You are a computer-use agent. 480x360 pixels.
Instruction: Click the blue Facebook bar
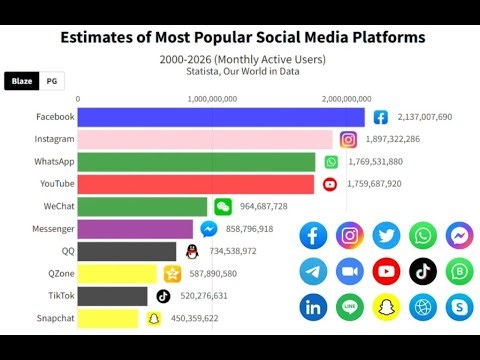[221, 117]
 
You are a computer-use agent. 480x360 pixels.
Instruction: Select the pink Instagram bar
[205, 140]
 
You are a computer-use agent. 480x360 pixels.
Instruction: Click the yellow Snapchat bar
[108, 319]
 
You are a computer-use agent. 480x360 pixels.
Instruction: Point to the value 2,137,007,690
[425, 117]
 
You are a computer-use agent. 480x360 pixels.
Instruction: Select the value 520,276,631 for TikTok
[214, 296]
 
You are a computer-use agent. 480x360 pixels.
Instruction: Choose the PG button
[51, 81]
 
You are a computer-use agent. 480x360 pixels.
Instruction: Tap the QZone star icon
[173, 274]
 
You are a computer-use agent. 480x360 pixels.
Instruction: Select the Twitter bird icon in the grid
[386, 235]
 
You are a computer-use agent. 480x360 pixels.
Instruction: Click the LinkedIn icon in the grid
[313, 307]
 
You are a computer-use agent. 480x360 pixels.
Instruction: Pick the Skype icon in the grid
[459, 307]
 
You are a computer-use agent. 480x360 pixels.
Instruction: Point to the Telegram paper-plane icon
[313, 271]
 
